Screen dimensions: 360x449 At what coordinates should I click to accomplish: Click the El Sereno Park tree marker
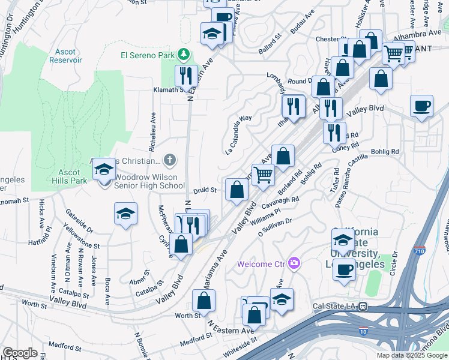click(184, 55)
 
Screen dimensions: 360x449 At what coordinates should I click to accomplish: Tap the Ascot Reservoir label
click(65, 56)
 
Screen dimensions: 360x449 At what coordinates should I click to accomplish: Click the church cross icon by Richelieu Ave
click(170, 160)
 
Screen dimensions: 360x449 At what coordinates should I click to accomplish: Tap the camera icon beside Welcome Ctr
click(294, 263)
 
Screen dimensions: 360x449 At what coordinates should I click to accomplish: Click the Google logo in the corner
click(20, 353)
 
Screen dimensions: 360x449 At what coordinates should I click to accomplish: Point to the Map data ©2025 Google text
click(411, 355)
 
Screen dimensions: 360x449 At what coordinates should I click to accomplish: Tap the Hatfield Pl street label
click(41, 243)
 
